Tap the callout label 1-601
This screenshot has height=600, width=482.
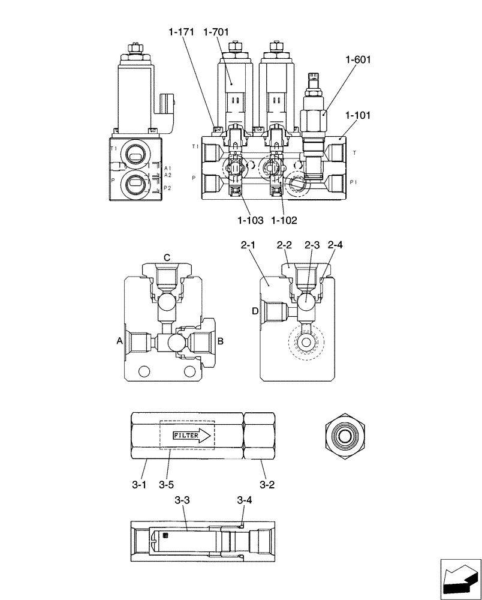tap(358, 59)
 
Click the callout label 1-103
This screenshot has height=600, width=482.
tap(250, 220)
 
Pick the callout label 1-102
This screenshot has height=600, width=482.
tap(284, 220)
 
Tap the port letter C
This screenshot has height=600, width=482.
tap(167, 257)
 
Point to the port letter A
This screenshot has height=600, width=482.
tap(119, 341)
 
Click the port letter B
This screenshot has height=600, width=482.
tap(220, 341)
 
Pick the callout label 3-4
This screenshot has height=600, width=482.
tap(244, 500)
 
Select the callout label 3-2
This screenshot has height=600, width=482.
tap(268, 484)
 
